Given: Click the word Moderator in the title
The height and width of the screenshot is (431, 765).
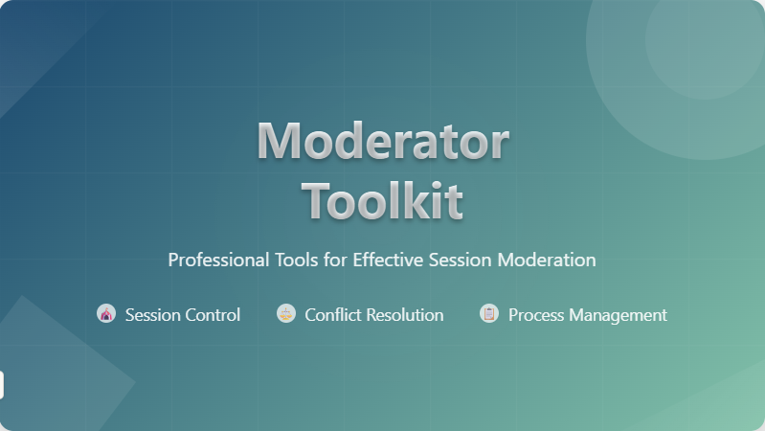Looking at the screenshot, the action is tap(383, 141).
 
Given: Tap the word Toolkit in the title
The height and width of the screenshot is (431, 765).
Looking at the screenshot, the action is tap(383, 200).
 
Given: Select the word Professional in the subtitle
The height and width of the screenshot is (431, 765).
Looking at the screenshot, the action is tap(218, 260).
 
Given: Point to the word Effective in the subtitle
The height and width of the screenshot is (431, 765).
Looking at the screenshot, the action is tap(388, 260).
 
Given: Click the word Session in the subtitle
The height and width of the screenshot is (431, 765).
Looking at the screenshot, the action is tap(461, 260).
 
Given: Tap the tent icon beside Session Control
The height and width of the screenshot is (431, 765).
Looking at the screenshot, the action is tap(106, 313).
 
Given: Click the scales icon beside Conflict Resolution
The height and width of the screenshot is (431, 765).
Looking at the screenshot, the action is tap(286, 313).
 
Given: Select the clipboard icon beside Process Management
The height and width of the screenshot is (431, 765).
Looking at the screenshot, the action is tap(489, 313).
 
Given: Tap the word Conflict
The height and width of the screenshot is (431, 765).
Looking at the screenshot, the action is tap(333, 315).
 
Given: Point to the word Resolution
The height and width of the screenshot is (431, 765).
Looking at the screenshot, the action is tap(405, 315).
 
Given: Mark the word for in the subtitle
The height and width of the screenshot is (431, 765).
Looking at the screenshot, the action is tap(335, 260).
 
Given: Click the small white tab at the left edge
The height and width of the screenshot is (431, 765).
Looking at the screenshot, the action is tap(2, 385).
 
